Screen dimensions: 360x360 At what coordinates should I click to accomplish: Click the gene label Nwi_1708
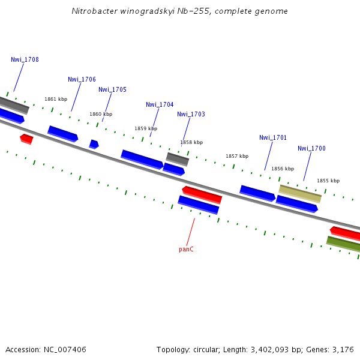click(25, 59)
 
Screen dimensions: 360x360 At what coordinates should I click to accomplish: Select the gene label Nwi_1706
click(82, 79)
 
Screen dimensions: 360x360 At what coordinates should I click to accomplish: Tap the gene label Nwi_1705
click(112, 89)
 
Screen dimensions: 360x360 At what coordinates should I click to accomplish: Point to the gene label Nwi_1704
click(160, 104)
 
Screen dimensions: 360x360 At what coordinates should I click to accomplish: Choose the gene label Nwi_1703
click(191, 114)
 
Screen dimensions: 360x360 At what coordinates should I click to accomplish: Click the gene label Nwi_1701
click(273, 137)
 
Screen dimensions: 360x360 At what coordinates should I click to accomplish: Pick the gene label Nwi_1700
click(311, 148)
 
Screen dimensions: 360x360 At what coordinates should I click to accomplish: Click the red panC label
click(186, 249)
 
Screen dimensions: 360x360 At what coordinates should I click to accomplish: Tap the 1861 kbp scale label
click(56, 100)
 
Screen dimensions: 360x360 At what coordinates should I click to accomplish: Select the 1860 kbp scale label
click(101, 114)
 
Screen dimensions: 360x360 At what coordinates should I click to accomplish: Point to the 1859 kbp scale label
click(146, 128)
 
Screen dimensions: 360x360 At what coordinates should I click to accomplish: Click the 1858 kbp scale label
click(191, 143)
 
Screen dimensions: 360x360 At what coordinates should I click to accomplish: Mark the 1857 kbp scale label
click(237, 156)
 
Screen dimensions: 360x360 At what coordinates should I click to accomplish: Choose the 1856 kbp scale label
click(283, 169)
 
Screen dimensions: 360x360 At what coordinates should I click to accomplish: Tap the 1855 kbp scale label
click(328, 181)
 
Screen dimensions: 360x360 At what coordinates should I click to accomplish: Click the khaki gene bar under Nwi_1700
click(300, 193)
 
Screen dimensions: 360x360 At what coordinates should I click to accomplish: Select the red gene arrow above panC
click(202, 194)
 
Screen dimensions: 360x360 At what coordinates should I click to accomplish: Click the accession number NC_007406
click(65, 349)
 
